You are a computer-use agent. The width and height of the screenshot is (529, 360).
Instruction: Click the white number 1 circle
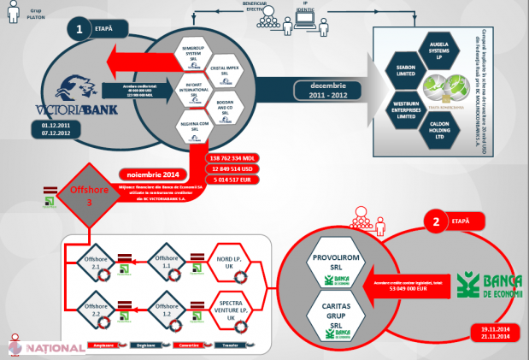[x=80, y=30]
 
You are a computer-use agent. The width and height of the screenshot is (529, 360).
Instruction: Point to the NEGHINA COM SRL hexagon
[x=197, y=130]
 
